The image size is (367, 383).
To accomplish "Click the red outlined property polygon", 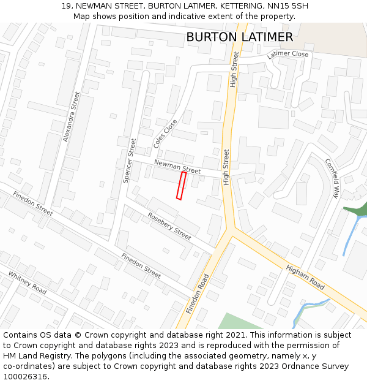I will pyautogui.click(x=181, y=185).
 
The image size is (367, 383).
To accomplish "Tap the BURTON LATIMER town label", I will pyautogui.click(x=239, y=37).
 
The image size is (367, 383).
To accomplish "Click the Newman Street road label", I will pyautogui.click(x=177, y=165).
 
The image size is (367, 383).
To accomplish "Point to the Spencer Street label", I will pyautogui.click(x=130, y=161).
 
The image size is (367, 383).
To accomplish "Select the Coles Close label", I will pyautogui.click(x=166, y=134).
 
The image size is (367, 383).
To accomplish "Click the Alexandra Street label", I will pyautogui.click(x=72, y=116).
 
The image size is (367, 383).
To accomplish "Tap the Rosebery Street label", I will pyautogui.click(x=169, y=226).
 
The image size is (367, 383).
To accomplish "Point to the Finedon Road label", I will pyautogui.click(x=198, y=294).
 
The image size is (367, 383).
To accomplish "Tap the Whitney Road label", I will pyautogui.click(x=28, y=283).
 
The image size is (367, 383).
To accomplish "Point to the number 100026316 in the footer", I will pyautogui.click(x=25, y=376).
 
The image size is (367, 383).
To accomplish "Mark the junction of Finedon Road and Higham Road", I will pyautogui.click(x=230, y=232).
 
